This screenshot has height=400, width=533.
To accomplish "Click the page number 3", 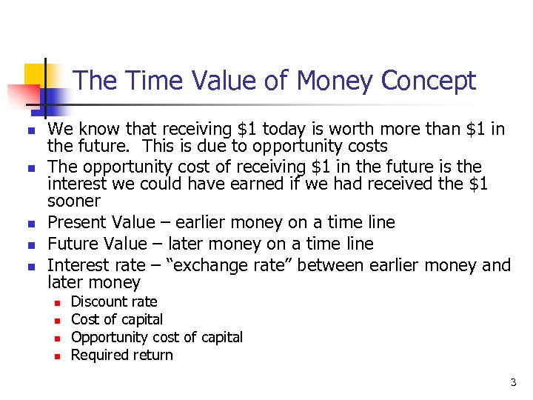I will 512,383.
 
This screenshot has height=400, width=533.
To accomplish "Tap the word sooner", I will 73,201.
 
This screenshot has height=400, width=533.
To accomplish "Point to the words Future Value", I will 96,244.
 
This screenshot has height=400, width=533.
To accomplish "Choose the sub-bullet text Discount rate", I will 113,301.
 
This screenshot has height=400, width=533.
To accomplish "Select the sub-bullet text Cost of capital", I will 116,319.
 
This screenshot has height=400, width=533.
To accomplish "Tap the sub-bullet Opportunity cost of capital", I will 156,337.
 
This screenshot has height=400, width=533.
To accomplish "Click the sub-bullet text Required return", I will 121,355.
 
